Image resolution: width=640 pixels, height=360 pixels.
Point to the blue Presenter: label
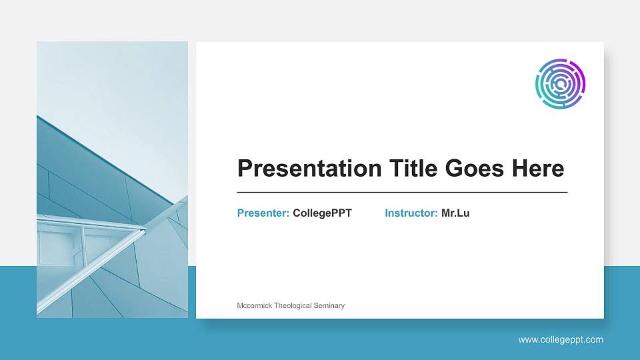tap(263, 213)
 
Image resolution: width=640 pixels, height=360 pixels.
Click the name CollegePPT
tap(322, 213)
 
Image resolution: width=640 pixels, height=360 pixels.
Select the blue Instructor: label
tap(411, 213)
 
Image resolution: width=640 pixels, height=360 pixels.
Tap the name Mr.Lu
tap(455, 213)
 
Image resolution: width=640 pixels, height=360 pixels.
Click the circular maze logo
tap(560, 84)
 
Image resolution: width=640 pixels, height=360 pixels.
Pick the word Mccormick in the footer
tap(255, 305)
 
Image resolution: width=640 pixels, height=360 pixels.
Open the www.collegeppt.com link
tap(561, 339)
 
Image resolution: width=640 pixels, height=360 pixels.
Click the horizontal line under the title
tap(402, 192)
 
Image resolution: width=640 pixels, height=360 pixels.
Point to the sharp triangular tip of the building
tap(144, 231)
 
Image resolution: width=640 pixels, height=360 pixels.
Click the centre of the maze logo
tap(560, 84)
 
